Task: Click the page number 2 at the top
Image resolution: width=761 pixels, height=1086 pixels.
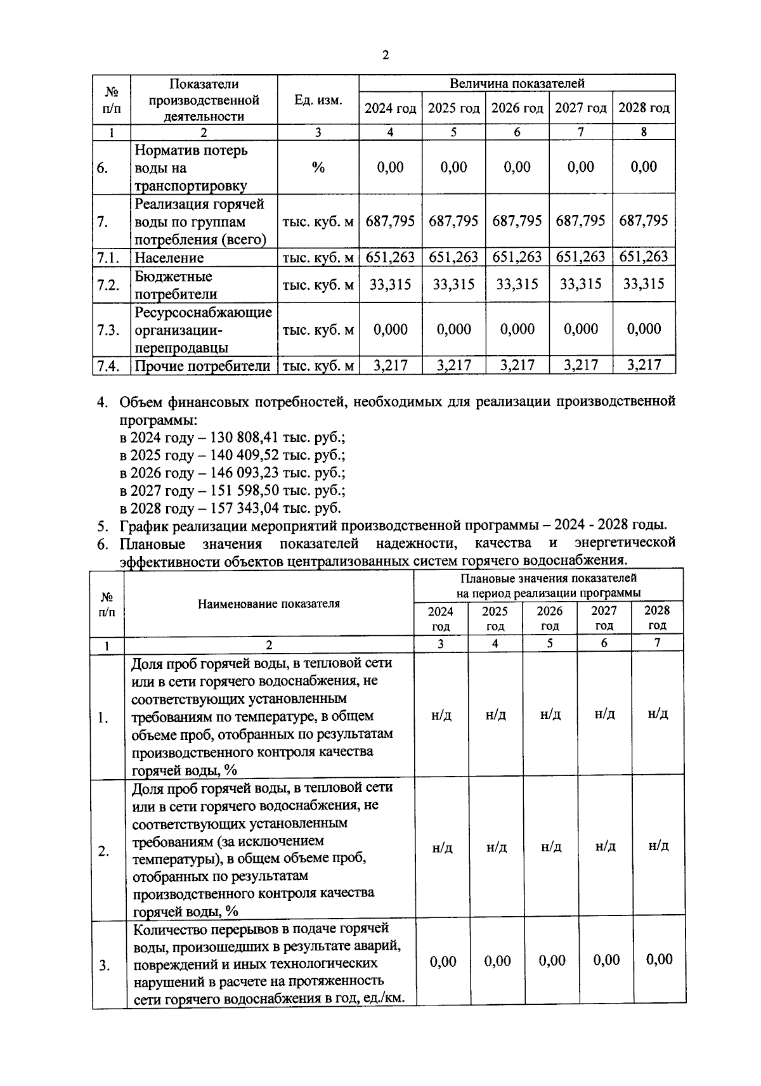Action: point(385,55)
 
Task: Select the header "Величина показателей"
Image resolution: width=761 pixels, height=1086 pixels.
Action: point(517,83)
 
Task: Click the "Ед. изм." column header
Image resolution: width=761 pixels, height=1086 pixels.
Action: point(318,100)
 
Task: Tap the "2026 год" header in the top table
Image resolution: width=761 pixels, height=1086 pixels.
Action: point(517,108)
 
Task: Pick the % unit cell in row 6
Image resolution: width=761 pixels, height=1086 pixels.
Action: point(318,167)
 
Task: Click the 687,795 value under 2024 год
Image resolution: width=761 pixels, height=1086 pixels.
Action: point(390,221)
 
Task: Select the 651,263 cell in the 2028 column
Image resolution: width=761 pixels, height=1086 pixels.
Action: point(644,257)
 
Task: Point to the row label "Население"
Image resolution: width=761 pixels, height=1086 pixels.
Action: point(169,257)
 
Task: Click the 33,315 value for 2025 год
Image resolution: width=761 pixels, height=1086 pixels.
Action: point(453,284)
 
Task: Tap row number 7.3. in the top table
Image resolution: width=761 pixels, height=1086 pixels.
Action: point(108,330)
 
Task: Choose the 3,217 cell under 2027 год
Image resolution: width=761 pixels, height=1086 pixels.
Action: point(580,365)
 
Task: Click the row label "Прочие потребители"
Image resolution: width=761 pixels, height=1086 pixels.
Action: point(202,366)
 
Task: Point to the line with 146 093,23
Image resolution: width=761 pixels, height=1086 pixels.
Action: point(232,473)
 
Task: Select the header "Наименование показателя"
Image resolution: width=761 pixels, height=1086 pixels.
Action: point(269,604)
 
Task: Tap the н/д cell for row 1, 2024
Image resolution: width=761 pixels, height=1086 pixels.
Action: point(441,714)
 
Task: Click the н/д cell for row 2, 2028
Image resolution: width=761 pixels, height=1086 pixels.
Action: point(658,846)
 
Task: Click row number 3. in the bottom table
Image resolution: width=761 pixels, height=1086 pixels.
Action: point(104,966)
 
